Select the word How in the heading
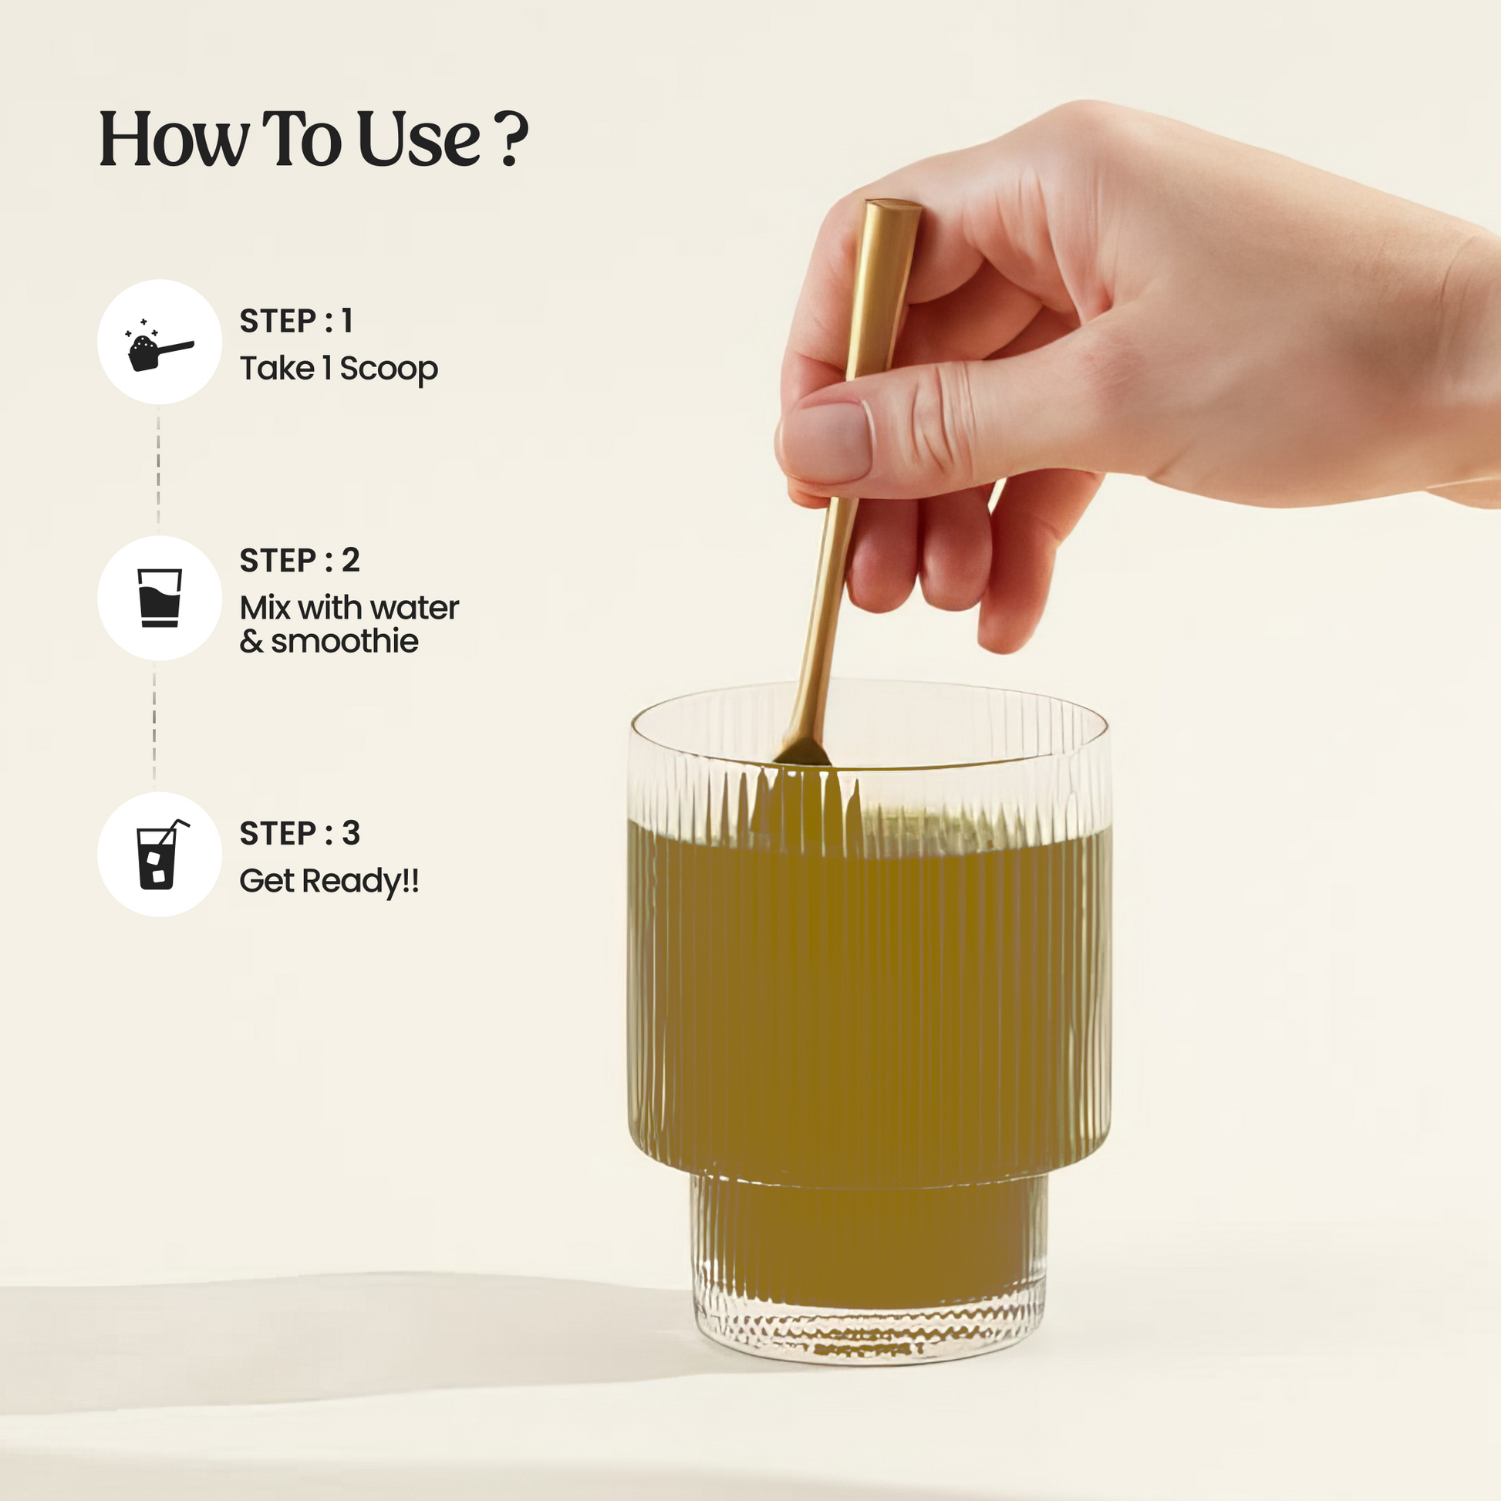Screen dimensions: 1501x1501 click(174, 139)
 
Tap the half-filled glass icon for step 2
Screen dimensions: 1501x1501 click(159, 598)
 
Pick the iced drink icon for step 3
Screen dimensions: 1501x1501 click(160, 854)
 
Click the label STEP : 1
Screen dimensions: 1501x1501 click(296, 321)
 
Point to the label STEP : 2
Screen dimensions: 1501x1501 click(299, 560)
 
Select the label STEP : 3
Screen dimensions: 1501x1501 click(299, 833)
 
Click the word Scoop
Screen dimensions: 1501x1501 click(389, 369)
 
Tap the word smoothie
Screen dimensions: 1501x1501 click(344, 642)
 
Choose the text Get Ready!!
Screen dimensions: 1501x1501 click(329, 882)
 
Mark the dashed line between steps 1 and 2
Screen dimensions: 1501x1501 click(158, 469)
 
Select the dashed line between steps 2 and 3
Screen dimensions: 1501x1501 click(153, 727)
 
